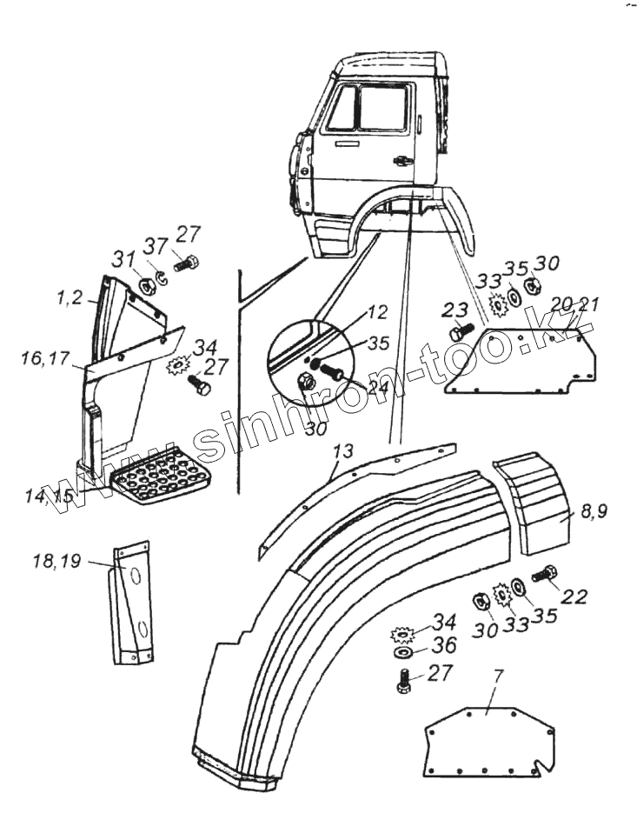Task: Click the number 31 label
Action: (x=123, y=259)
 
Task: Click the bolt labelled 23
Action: (x=461, y=332)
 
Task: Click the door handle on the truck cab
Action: (x=402, y=160)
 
